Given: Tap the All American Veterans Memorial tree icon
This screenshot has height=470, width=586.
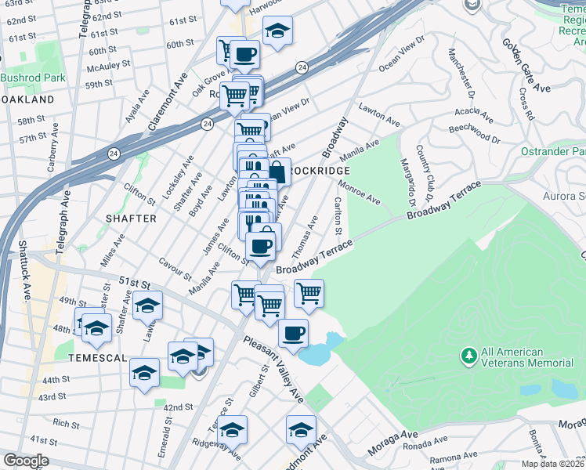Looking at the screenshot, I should pos(469,356).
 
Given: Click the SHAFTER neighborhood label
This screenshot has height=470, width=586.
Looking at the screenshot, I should pos(129,219).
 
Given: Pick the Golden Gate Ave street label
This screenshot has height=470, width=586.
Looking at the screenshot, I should pos(526,66).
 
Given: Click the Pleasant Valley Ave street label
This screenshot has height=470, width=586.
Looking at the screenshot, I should pos(273,368).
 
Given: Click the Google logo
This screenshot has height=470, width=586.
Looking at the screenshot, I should pos(27,460).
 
